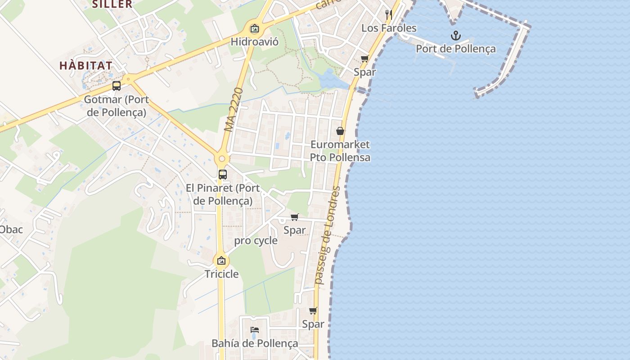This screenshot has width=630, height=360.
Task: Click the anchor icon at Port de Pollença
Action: click(456, 36)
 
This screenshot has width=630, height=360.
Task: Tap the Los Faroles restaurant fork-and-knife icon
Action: click(389, 15)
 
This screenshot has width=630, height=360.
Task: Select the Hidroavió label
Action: click(255, 42)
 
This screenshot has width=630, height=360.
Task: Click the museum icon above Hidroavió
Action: click(255, 29)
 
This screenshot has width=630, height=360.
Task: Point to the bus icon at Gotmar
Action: click(117, 86)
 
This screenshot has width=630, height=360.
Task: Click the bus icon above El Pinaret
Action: click(222, 175)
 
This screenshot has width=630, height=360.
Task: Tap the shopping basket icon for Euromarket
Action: click(340, 131)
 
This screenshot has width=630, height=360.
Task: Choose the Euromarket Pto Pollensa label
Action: click(340, 151)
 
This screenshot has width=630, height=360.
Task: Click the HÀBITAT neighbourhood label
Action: click(86, 65)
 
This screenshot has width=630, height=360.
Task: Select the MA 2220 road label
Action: click(234, 110)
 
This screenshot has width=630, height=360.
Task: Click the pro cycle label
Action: click(256, 241)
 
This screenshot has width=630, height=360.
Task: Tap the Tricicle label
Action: click(221, 274)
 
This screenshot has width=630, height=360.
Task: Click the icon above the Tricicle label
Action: click(221, 261)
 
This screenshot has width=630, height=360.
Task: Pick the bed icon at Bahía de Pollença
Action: click(255, 330)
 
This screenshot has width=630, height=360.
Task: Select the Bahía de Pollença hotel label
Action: click(255, 343)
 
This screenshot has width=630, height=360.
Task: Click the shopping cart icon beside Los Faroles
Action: click(365, 58)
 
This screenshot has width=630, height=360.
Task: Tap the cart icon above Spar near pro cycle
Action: click(295, 217)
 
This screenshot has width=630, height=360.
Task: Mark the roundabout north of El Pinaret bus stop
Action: click(221, 159)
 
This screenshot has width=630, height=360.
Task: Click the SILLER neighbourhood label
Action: click(112, 4)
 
